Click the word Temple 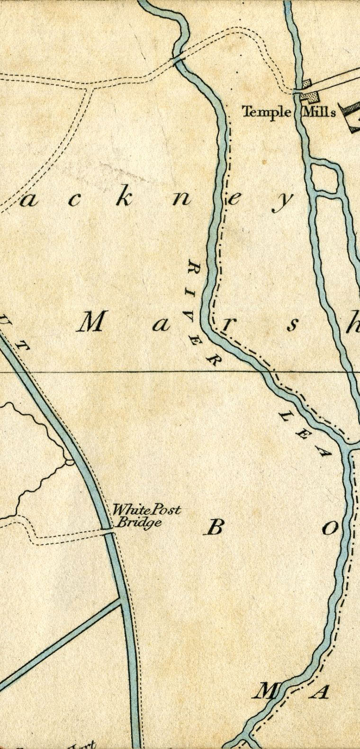(x=266, y=112)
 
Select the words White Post (x=146, y=510)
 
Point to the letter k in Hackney (x=124, y=199)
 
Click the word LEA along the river (x=303, y=434)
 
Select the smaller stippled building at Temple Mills (x=307, y=83)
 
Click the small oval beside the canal (x=69, y=461)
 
